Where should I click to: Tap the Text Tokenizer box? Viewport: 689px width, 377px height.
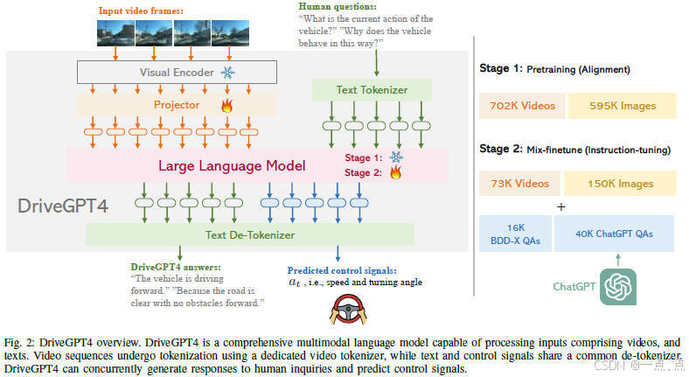tap(372, 89)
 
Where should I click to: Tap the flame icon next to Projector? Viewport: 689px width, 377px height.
tap(226, 105)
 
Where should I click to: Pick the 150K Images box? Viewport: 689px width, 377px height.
tap(619, 184)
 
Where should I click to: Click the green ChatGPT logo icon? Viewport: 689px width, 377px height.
tap(617, 286)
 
